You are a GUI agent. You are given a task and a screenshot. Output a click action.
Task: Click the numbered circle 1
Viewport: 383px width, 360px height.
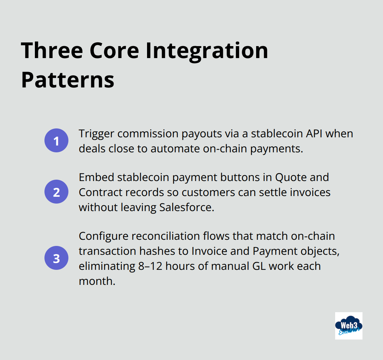(x=56, y=140)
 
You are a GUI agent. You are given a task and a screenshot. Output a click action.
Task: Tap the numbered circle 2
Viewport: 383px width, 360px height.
(x=56, y=192)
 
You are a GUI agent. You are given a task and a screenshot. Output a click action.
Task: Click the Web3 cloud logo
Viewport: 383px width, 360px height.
(x=348, y=326)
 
